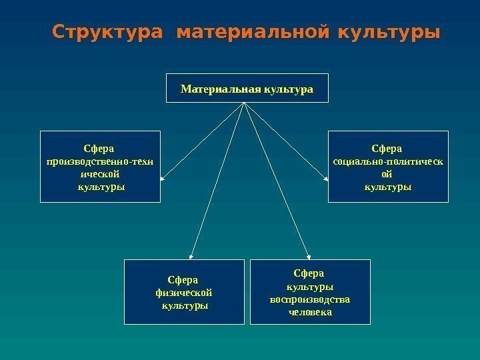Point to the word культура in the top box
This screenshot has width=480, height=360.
point(285,88)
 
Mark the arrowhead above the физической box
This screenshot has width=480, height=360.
point(192,255)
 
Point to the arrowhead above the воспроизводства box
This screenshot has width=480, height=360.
point(308,255)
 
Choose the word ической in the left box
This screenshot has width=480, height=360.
point(101,173)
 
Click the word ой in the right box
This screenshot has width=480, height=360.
point(387,173)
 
